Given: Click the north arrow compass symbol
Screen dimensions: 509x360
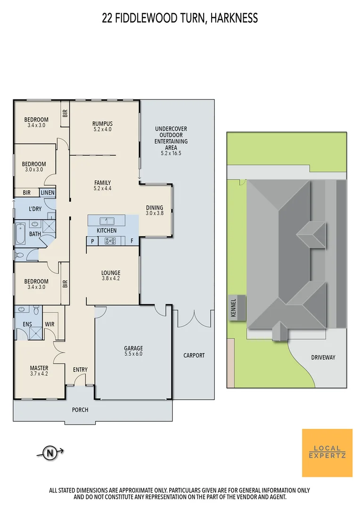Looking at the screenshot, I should pos(49,453).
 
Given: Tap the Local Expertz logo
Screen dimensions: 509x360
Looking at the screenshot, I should pos(327,453).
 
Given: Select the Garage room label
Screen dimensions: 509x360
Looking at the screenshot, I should pos(133,348).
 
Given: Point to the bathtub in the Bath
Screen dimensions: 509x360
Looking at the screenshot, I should pos(20,234).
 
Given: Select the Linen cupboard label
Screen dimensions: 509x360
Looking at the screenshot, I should pos(48,193).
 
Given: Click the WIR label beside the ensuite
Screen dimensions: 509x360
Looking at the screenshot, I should pos(50,324).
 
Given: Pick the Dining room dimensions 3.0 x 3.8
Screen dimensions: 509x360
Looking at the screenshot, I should pos(154,213).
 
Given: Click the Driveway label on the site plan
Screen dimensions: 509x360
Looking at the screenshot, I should pos(323,357).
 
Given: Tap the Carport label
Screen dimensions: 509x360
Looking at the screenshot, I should pos(194,355).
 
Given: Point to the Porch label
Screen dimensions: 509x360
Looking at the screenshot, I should pos(80,410).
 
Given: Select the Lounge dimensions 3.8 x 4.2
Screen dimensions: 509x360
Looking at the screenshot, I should pos(111,279).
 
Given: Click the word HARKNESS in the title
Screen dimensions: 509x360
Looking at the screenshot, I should pos(234,18).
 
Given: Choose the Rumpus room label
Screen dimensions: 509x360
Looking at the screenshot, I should pos(102,123).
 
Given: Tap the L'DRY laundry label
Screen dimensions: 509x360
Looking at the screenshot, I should pos(35,209).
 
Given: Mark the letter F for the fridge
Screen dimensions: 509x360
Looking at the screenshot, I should pos(131,241).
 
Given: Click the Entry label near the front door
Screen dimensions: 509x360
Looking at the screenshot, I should pos(80,369).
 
